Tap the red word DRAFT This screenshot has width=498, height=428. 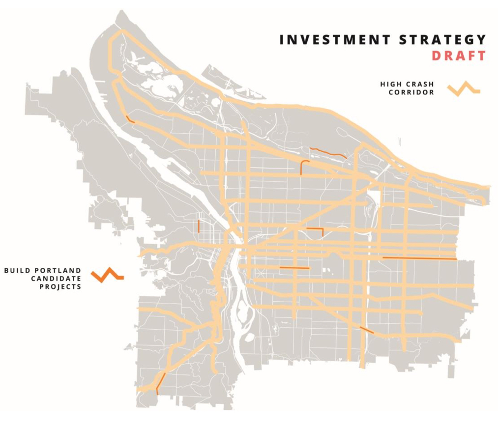(x=459, y=56)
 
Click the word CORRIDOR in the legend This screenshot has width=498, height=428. (x=411, y=92)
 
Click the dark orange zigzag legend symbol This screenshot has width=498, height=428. (x=107, y=275)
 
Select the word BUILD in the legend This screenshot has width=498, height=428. (x=17, y=270)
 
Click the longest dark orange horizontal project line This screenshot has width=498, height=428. (x=419, y=258)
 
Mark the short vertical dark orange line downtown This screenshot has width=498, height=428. (x=198, y=226)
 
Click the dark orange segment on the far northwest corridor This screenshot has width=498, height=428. (x=130, y=119)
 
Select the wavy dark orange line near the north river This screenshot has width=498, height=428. (x=328, y=152)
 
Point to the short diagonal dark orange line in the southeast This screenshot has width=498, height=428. (x=367, y=330)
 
